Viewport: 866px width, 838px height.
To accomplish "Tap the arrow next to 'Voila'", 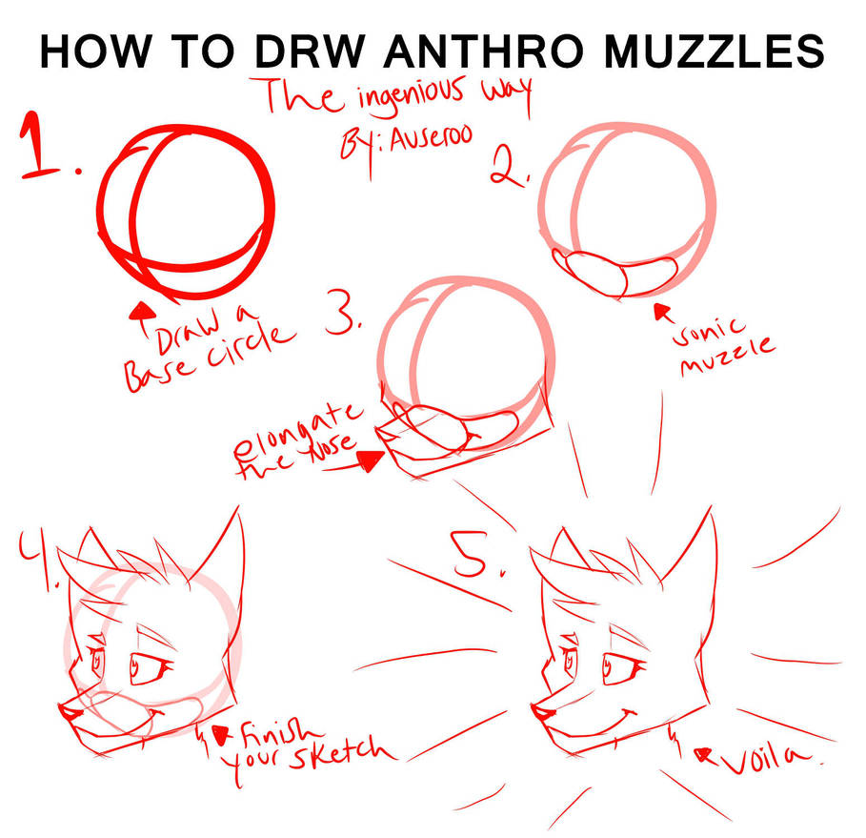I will click(707, 753).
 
